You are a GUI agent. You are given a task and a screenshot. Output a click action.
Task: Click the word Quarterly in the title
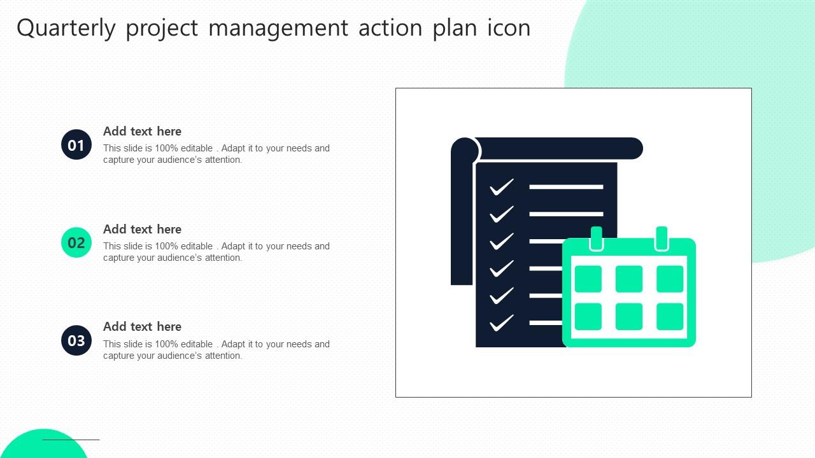pyautogui.click(x=66, y=29)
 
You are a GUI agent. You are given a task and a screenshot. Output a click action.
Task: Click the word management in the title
pyautogui.click(x=278, y=29)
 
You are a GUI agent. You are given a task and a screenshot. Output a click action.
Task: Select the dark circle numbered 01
pyautogui.click(x=76, y=145)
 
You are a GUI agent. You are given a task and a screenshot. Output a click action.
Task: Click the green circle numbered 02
pyautogui.click(x=76, y=242)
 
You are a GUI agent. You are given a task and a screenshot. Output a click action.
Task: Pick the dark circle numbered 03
pyautogui.click(x=76, y=340)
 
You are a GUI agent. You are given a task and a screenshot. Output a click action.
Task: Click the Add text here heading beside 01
pyautogui.click(x=142, y=132)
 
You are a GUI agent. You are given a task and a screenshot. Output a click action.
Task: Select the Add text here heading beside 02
pyautogui.click(x=142, y=230)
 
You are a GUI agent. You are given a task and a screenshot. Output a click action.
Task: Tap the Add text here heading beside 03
pyautogui.click(x=142, y=327)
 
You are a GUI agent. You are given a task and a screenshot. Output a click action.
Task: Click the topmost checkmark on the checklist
pyautogui.click(x=501, y=187)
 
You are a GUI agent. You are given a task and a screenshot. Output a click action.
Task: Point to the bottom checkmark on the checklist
pyautogui.click(x=501, y=323)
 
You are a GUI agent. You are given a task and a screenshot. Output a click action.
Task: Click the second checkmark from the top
pyautogui.click(x=501, y=214)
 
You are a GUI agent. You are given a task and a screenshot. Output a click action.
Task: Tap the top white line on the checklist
pyautogui.click(x=566, y=187)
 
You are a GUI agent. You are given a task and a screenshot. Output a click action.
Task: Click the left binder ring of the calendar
pyautogui.click(x=597, y=239)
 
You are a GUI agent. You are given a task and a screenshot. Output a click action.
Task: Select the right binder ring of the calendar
pyautogui.click(x=662, y=239)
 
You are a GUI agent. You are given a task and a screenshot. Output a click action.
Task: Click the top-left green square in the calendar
pyautogui.click(x=588, y=279)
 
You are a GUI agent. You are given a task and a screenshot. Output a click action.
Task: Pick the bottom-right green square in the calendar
pyautogui.click(x=670, y=317)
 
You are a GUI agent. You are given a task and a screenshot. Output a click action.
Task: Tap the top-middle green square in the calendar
pyautogui.click(x=629, y=279)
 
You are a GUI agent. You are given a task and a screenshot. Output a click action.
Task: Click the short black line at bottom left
pyautogui.click(x=71, y=440)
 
